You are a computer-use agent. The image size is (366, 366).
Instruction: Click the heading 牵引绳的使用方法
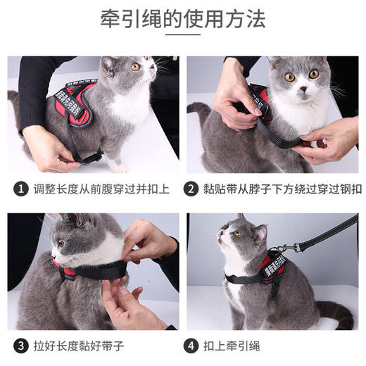[183, 20]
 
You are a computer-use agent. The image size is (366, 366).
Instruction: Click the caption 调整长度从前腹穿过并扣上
[97, 189]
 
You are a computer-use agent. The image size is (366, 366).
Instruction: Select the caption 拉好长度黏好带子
[77, 346]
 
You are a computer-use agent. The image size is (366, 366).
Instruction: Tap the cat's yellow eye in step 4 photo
[237, 232]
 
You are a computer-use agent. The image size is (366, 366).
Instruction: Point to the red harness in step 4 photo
[270, 268]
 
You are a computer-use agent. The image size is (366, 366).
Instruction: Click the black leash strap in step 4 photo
[327, 232]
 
